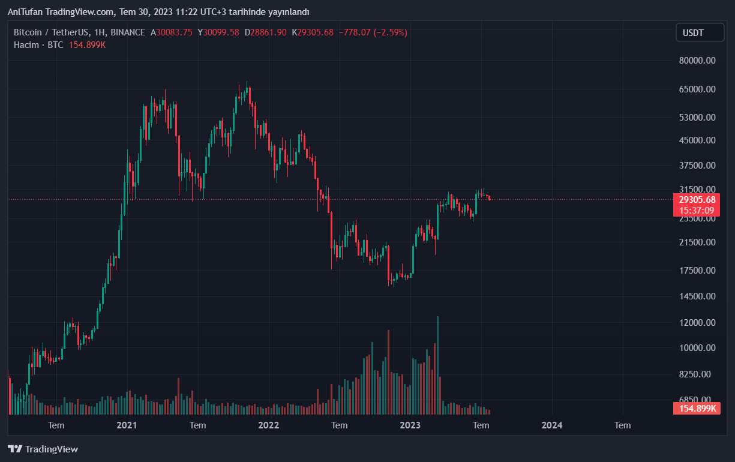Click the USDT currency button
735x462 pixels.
[x=700, y=32]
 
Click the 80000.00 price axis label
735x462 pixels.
[x=697, y=61]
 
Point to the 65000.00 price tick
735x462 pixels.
[x=697, y=89]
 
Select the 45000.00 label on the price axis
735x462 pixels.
[x=697, y=140]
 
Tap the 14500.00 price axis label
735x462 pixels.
[x=697, y=296]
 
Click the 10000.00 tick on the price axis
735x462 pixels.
[x=697, y=348]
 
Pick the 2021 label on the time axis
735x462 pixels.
[x=127, y=425]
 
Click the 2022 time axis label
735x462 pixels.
[x=268, y=425]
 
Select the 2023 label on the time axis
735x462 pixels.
[x=410, y=425]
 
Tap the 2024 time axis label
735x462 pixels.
[x=552, y=425]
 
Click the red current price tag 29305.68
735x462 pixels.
[x=696, y=200]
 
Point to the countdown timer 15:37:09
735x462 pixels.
[x=696, y=210]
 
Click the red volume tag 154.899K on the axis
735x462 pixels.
[x=696, y=409]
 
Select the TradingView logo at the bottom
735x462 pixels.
[x=43, y=449]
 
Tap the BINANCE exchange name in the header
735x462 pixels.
[x=128, y=32]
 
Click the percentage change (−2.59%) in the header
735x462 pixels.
[x=390, y=32]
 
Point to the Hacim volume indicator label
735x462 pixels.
[x=26, y=45]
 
